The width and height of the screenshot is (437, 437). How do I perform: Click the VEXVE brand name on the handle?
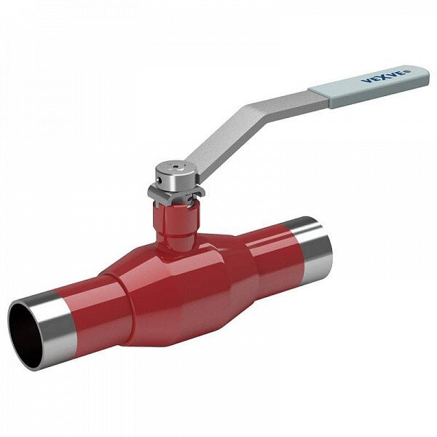click(383, 76)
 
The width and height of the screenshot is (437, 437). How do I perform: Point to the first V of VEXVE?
click(366, 81)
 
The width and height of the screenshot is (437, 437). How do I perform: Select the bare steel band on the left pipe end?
click(55, 320)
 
